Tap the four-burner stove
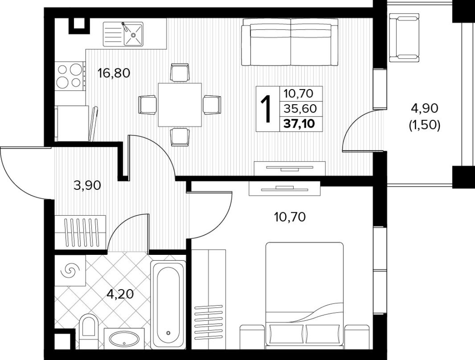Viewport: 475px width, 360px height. click(70, 76)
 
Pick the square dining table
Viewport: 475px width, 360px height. click(180, 104)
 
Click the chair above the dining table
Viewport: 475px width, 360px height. click(180, 73)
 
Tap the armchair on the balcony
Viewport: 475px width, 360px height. click(404, 37)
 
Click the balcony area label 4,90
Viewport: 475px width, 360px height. click(424, 108)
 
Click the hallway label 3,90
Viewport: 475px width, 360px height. click(87, 186)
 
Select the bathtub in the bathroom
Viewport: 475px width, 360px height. click(168, 305)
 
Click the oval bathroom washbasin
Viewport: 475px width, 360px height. click(124, 339)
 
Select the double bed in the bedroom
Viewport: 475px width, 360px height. click(304, 295)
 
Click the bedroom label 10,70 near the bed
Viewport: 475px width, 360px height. click(290, 217)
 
